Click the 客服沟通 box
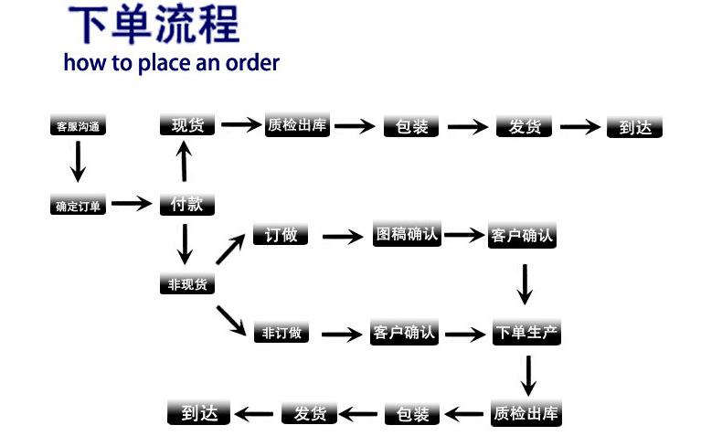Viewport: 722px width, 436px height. coord(78,125)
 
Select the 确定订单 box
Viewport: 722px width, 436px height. coord(78,205)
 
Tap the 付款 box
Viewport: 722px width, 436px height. coord(187,204)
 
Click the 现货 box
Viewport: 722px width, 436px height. coord(187,125)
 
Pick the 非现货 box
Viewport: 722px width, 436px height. coord(187,283)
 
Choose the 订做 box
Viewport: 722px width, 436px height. coord(281,234)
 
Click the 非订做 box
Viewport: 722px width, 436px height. coord(281,332)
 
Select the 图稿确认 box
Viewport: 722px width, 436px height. coord(407,234)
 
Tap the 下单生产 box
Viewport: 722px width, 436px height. coord(526,332)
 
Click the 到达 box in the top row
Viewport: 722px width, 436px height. coord(634,127)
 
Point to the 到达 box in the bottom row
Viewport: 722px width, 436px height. coord(199,413)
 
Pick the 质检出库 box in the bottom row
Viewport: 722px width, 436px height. coord(526,413)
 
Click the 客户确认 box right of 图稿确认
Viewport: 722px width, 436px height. coord(522,236)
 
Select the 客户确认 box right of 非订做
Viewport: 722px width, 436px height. coord(404,332)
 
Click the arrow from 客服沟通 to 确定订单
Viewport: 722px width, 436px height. coord(78,162)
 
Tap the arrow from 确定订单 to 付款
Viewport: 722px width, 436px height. coord(133,203)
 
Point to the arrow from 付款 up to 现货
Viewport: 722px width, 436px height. coord(185,161)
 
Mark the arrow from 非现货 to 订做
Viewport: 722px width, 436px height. coord(230,249)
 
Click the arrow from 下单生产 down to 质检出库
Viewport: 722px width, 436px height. coord(528,376)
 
